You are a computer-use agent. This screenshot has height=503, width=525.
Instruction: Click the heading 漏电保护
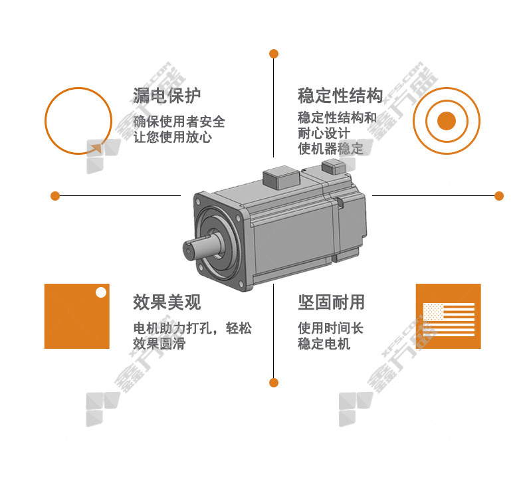point(167,96)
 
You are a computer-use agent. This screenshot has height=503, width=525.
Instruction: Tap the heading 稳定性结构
point(340,96)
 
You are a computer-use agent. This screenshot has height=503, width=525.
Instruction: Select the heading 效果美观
point(167,302)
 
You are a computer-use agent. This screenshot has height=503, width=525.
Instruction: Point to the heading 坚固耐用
point(331,302)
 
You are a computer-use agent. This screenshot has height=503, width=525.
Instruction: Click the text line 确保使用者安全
point(179,121)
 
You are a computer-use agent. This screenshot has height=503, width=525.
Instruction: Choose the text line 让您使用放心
point(172,137)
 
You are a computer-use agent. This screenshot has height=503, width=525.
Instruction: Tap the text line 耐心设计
point(324,133)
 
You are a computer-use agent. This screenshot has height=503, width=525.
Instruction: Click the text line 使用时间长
point(330,328)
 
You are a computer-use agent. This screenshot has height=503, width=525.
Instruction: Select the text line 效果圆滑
point(159,344)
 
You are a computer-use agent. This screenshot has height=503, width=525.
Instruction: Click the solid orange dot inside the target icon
point(447,121)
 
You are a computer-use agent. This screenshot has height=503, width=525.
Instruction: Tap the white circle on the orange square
point(101,292)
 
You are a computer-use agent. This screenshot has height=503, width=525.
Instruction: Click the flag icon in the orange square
point(449,320)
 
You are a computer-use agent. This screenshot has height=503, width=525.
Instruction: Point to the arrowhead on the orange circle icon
point(97,148)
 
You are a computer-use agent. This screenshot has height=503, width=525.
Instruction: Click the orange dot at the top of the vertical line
point(274,54)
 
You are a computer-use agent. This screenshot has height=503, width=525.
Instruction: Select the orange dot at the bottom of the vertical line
point(274,383)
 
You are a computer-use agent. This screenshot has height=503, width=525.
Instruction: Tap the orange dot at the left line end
point(55,196)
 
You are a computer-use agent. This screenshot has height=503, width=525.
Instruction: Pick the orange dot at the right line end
point(499,196)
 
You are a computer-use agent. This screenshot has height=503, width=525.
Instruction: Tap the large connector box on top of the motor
point(280,177)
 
